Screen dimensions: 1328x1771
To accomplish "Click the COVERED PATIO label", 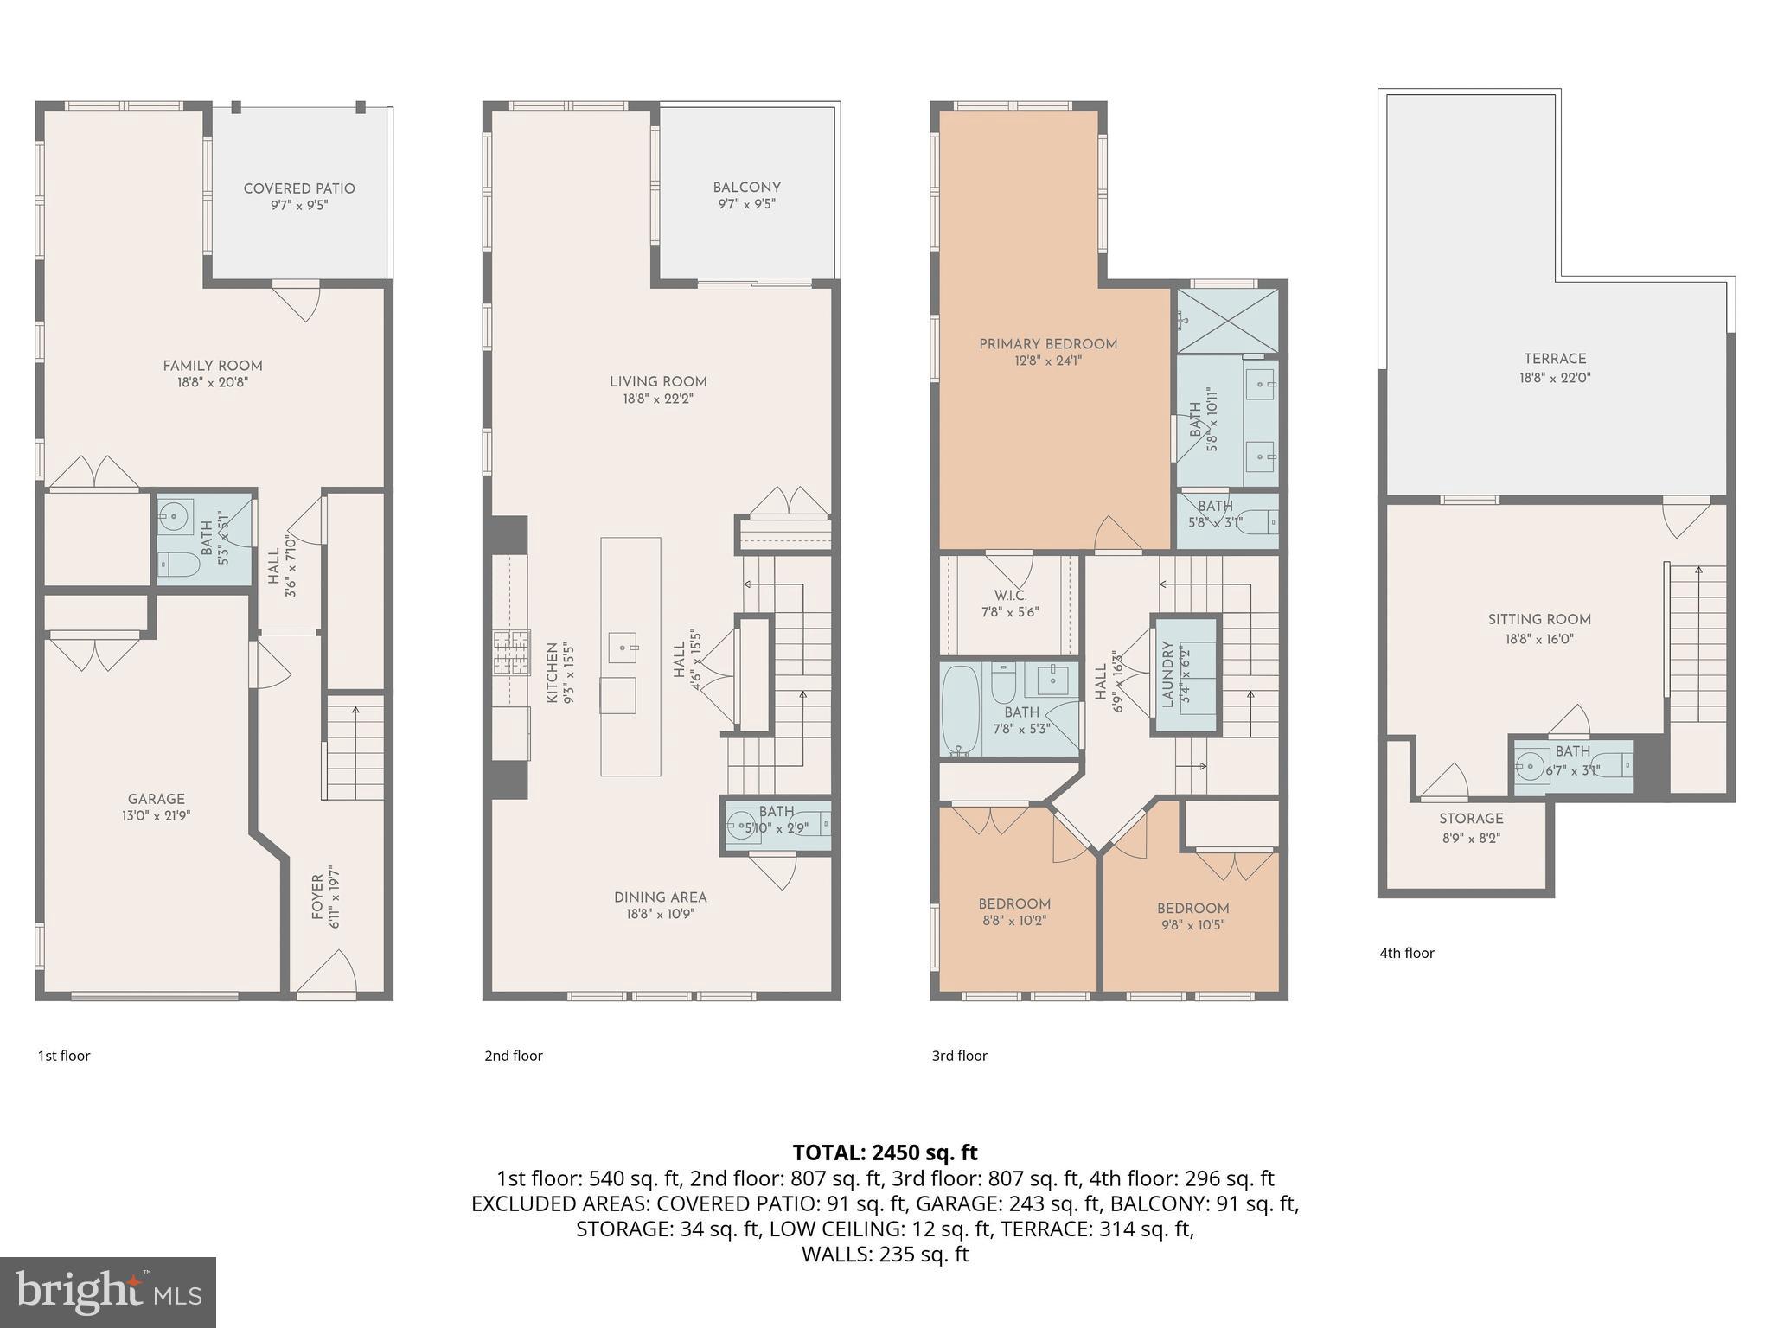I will point(299,189).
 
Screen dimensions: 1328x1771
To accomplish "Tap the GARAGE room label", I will point(157,799).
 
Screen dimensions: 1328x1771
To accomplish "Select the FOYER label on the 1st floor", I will point(317,897).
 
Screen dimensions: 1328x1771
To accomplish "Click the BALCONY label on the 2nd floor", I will point(746,188).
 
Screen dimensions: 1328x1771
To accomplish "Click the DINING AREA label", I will point(661,897).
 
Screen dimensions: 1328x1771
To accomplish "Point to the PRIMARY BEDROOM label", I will point(1048,344).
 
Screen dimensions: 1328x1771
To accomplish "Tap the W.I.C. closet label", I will point(1010,596).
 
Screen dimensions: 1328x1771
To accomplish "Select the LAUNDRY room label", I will point(1167,674).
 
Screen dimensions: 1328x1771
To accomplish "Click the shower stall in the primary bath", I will point(1227,321).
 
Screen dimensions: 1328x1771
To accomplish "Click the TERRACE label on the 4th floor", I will point(1555,359).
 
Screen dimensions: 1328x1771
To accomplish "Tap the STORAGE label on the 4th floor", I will point(1471,819).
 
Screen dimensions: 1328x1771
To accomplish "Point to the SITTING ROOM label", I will point(1539,620).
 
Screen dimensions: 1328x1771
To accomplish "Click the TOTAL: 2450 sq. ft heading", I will point(885,1152).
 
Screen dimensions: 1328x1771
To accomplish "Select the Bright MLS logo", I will point(108,1292).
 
